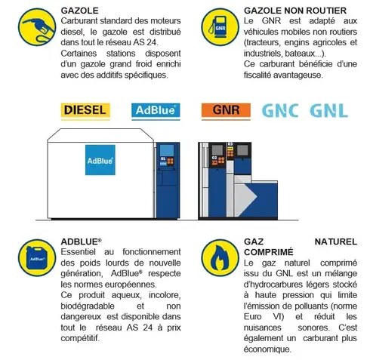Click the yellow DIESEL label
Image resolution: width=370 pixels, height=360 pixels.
point(85,110)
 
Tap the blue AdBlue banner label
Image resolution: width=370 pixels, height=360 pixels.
point(156,110)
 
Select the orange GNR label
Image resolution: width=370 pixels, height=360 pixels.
point(226,110)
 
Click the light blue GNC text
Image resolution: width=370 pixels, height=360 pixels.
point(280,111)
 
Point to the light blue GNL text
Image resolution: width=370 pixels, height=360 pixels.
point(328,111)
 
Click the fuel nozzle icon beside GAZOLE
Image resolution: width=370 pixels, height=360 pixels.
point(37,27)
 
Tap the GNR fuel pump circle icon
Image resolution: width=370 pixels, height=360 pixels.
point(220,27)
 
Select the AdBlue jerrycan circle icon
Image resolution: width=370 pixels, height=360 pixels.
point(37,257)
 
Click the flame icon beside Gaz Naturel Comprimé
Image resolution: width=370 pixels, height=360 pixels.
point(220,257)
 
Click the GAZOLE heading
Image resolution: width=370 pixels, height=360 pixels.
point(79,11)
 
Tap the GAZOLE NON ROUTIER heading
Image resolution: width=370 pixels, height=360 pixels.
point(295,11)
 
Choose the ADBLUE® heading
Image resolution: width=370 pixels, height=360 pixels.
point(81,242)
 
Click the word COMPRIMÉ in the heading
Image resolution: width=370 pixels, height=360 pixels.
point(269,252)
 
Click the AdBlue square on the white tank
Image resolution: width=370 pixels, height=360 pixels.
point(100,160)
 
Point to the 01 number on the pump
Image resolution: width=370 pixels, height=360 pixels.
point(163,158)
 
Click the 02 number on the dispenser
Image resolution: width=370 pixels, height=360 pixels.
point(214,158)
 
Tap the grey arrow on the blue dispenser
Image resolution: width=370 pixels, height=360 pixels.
point(245,196)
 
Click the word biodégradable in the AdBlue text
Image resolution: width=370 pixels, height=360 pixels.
point(88,306)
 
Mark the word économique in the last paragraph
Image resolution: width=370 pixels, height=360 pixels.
point(267,349)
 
